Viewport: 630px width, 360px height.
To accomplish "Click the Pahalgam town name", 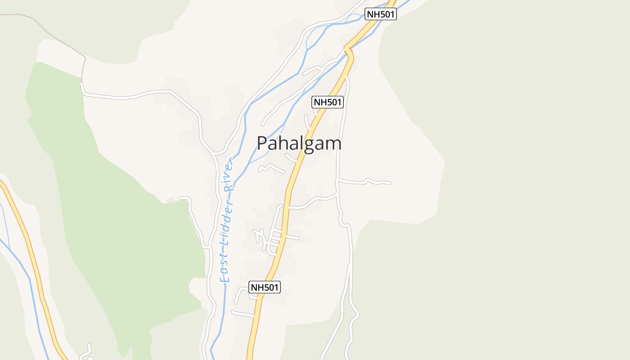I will click(x=299, y=144).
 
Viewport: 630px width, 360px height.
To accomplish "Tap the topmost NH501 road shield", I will click(x=380, y=14).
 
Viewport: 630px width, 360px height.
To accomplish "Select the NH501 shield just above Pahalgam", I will click(x=328, y=102).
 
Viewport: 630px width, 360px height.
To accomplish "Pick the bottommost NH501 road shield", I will click(x=265, y=287).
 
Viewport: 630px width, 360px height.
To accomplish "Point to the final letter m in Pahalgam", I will click(x=334, y=144).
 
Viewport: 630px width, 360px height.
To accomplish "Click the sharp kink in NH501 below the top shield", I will click(x=350, y=52).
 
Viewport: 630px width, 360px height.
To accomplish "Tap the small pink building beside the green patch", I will click(x=170, y=200).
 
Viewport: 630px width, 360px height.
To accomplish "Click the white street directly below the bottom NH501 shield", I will click(x=243, y=313).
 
